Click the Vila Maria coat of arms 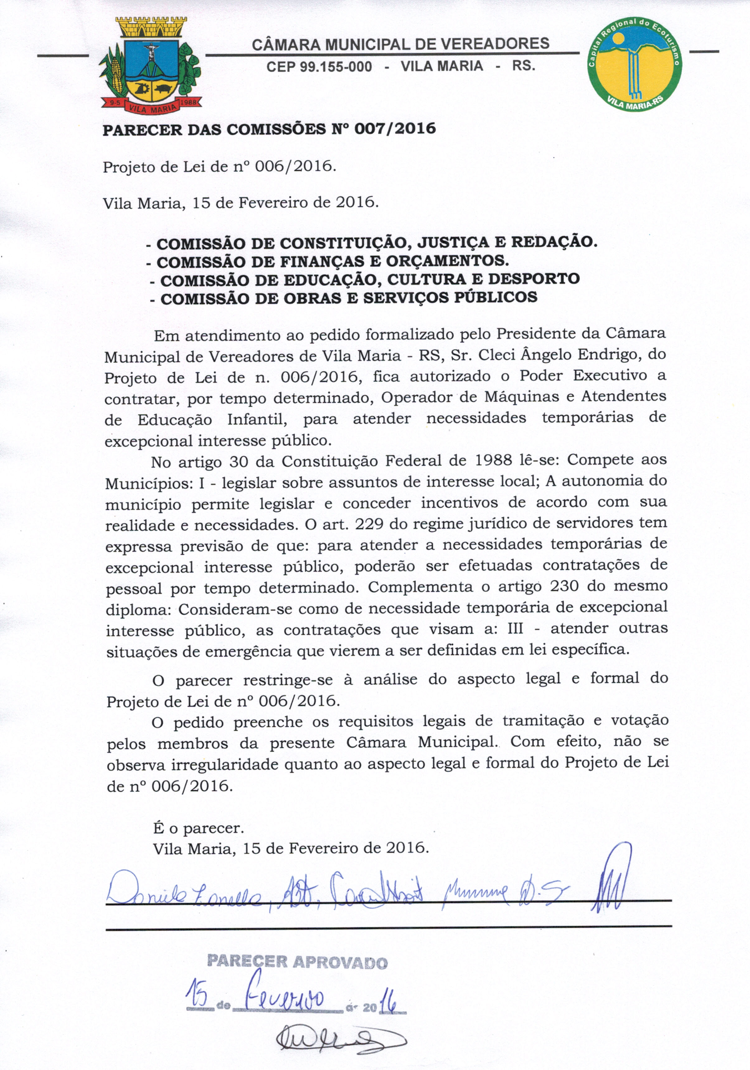151,65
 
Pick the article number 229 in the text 370,524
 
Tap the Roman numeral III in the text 515,629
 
